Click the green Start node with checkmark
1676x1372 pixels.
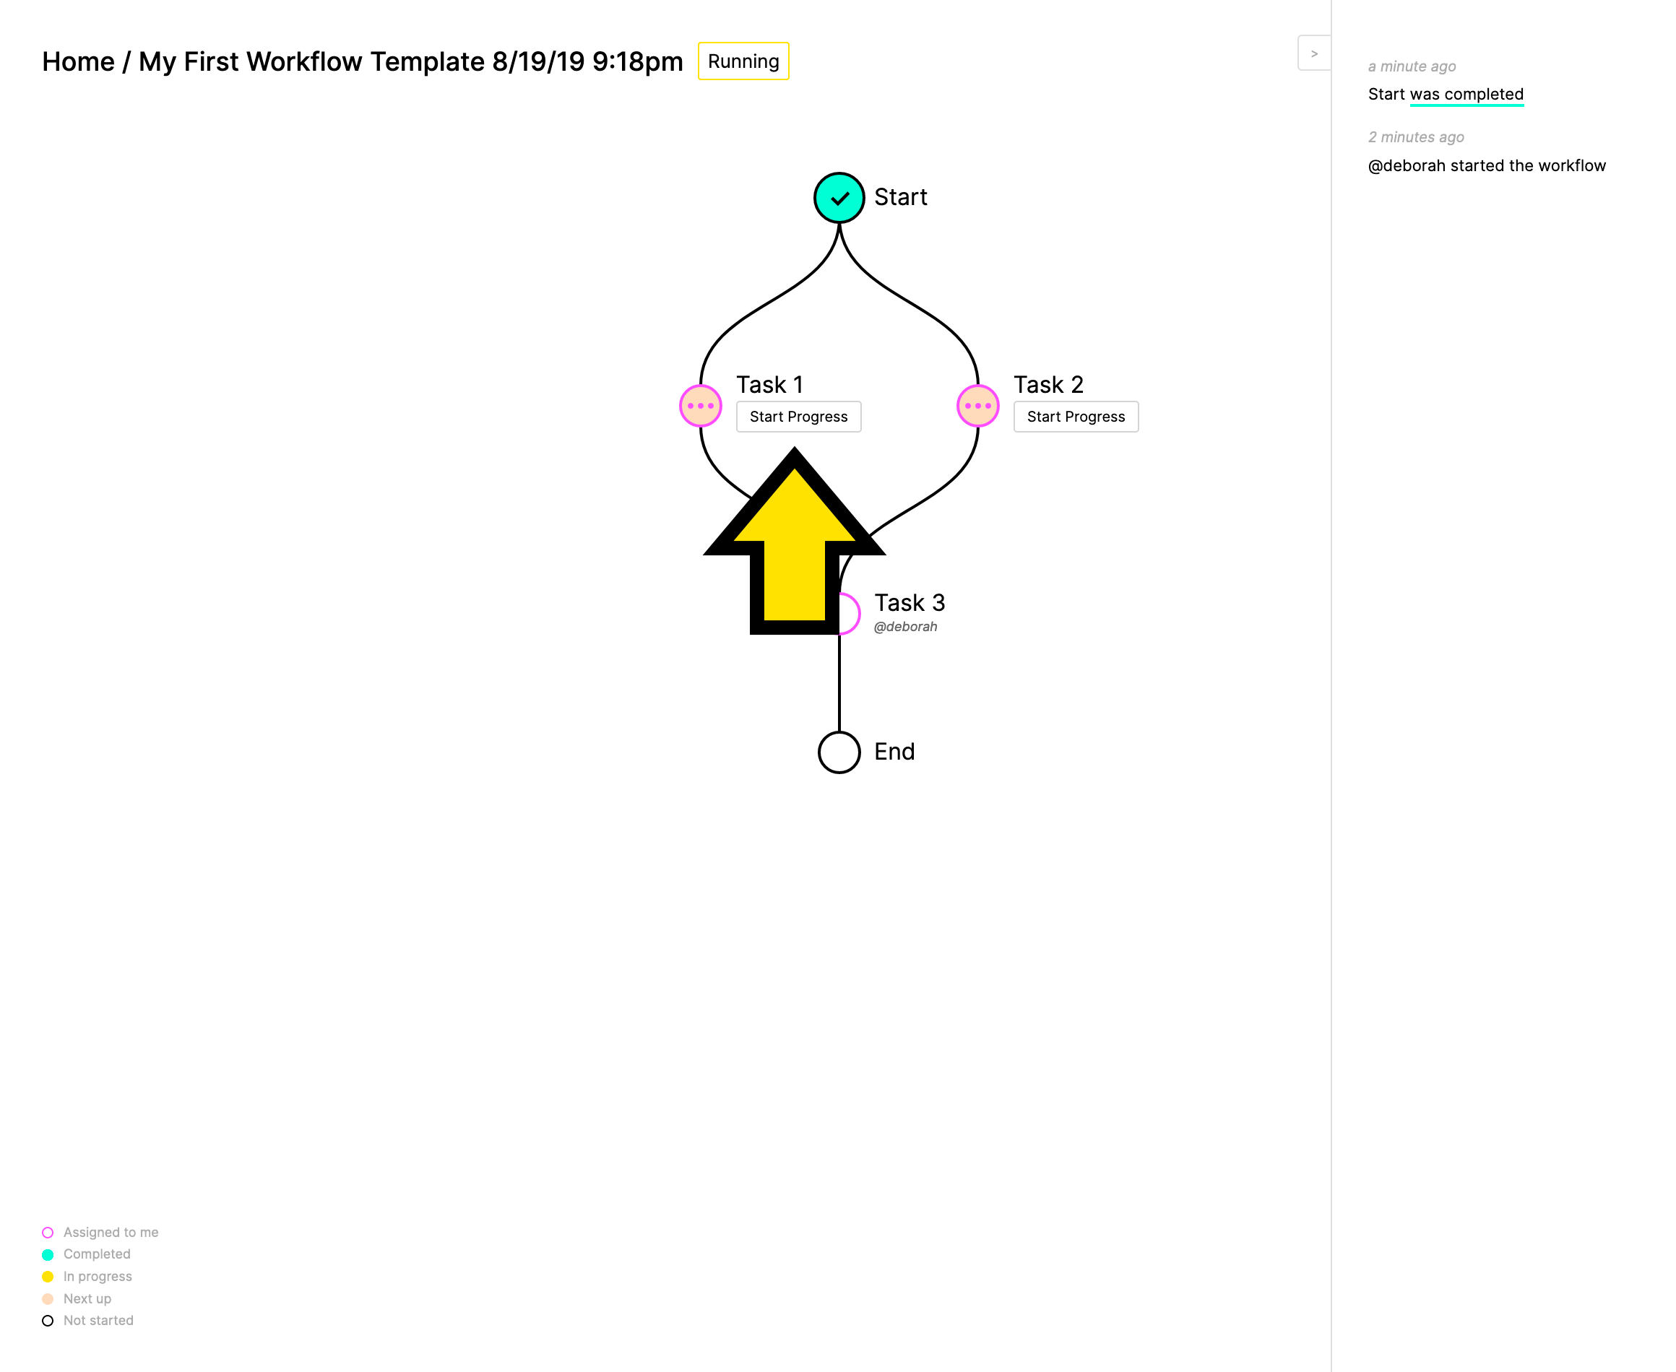tap(839, 198)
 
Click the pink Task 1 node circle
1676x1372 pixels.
tap(701, 405)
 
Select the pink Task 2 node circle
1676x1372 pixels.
tap(978, 405)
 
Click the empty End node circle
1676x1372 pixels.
tap(839, 752)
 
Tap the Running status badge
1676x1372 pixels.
tap(743, 61)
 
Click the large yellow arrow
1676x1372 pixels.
tap(795, 545)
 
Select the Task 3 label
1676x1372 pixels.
tap(909, 603)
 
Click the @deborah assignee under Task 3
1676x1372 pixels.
tap(905, 627)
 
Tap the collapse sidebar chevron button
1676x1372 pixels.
tap(1314, 53)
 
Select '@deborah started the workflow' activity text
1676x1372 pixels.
tap(1487, 165)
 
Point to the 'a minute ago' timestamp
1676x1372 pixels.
tap(1412, 66)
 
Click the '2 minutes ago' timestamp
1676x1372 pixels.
tap(1416, 136)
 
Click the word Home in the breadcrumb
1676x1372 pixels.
tap(78, 61)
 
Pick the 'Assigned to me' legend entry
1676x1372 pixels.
tap(100, 1232)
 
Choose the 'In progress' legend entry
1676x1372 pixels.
tap(87, 1277)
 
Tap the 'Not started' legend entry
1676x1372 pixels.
tap(87, 1321)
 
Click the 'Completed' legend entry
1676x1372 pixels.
tap(86, 1254)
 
